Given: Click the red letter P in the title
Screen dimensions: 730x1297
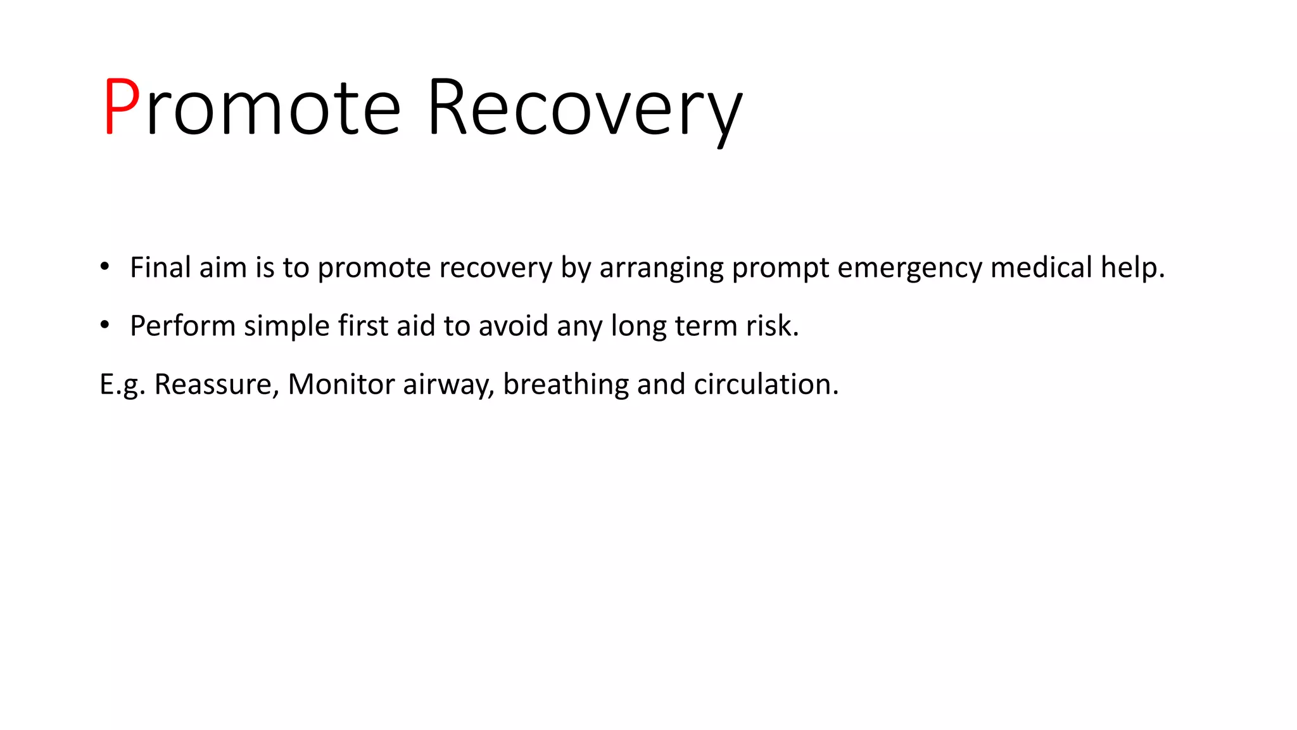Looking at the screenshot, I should coord(122,106).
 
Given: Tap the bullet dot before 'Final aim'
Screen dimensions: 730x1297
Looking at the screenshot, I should coord(105,266).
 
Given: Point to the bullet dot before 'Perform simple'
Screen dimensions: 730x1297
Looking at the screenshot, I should coord(105,325).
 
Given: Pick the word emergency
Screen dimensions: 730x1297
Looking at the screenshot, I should coord(909,268).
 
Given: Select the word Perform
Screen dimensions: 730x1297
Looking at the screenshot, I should coord(182,326).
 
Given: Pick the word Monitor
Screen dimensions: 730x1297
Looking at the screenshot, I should coord(341,384).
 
